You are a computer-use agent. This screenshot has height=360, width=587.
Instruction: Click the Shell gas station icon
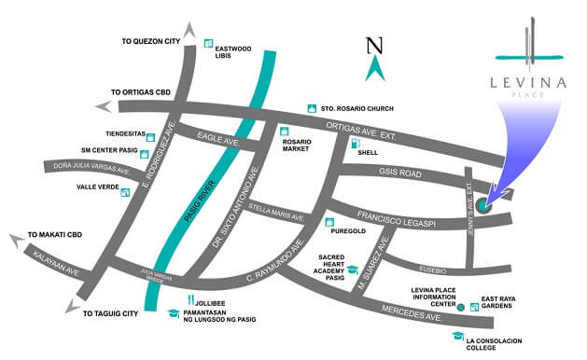(354, 143)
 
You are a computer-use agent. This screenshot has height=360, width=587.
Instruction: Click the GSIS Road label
(401, 174)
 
